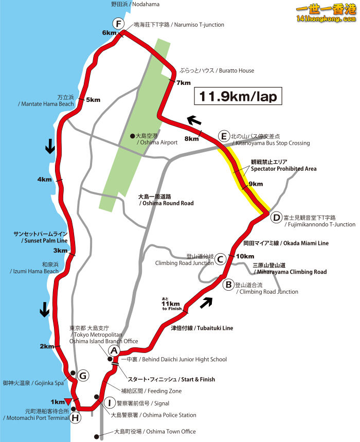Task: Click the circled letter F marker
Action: point(119,24)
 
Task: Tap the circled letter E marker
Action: point(223,136)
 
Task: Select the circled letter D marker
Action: point(276,218)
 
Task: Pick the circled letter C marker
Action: point(220,259)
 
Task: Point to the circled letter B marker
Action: point(227,284)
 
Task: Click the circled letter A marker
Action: point(114,350)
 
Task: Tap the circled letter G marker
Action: point(84,376)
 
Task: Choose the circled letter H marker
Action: point(76,417)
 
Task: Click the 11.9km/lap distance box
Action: point(238,96)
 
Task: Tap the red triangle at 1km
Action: point(68,401)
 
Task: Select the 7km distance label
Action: point(184,83)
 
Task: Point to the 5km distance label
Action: point(93,100)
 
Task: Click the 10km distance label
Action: point(245,256)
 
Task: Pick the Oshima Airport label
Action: point(157,139)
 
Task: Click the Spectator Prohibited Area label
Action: point(283,165)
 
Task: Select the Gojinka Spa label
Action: point(33,383)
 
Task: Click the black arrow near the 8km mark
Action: point(193,120)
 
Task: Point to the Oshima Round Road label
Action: point(166,200)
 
